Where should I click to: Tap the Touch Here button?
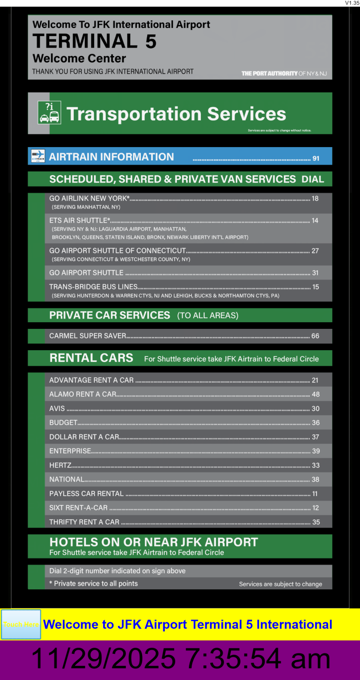click(x=21, y=624)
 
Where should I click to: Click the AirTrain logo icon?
click(x=38, y=156)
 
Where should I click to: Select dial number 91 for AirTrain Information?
click(x=316, y=158)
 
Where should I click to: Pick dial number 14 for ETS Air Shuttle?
click(x=315, y=220)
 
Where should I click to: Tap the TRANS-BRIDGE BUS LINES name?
click(x=93, y=287)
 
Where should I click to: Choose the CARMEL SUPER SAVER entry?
click(x=88, y=336)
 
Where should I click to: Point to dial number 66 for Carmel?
click(x=315, y=336)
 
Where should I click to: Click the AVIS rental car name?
click(x=57, y=408)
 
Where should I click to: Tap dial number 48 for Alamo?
click(x=316, y=394)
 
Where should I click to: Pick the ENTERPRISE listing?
click(x=70, y=451)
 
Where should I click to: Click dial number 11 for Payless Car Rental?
click(x=315, y=494)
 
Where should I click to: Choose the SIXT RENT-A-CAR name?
click(x=78, y=508)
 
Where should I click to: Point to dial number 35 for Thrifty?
click(x=316, y=522)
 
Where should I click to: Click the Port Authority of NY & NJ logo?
click(x=284, y=73)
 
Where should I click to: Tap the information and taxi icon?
click(x=49, y=113)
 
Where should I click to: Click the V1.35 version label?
click(x=352, y=3)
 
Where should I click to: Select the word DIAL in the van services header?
click(x=313, y=180)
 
